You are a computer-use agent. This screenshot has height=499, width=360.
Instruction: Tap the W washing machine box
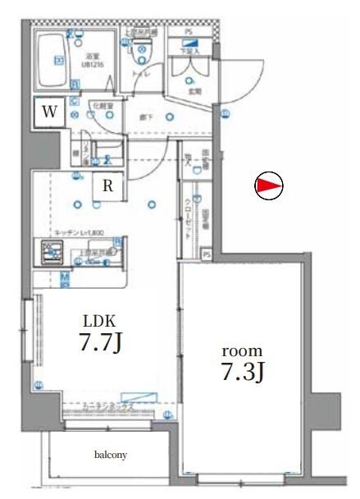[x=49, y=113]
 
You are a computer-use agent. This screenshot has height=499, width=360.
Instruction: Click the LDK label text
[x=100, y=321]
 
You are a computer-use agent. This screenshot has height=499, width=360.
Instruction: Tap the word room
[x=243, y=350]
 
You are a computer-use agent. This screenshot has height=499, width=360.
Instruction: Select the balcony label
[x=109, y=454]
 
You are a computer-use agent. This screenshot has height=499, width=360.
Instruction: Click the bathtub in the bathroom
[x=55, y=60]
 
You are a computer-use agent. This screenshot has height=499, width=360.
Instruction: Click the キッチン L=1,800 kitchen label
[x=80, y=233]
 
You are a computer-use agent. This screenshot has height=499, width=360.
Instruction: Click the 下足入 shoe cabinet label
[x=190, y=51]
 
